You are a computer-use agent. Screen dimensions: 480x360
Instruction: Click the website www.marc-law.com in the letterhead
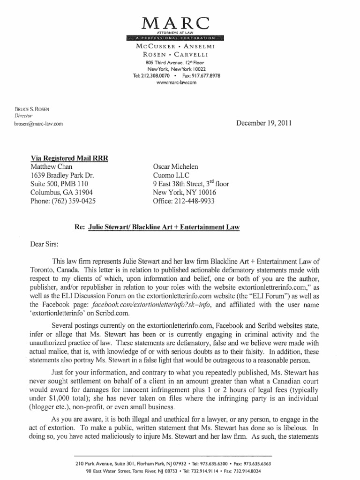pyautogui.click(x=177, y=82)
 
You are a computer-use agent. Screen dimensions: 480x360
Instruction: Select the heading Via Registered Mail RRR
pyautogui.click(x=69, y=158)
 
